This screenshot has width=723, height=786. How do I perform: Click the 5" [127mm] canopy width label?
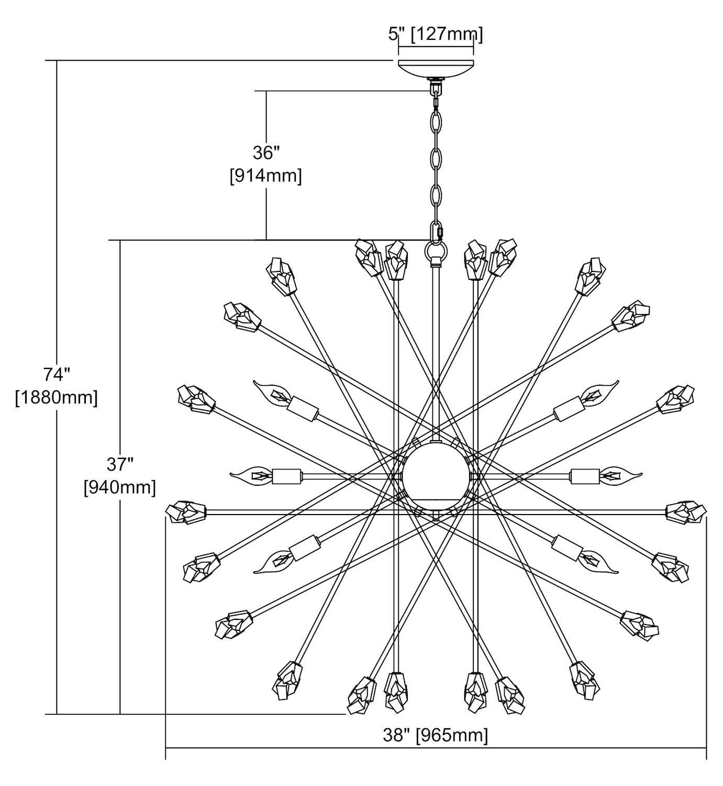(436, 34)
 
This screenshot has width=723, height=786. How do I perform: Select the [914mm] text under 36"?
(265, 176)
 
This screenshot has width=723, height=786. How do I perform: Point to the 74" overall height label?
(57, 375)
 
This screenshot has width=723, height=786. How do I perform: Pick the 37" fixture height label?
(120, 464)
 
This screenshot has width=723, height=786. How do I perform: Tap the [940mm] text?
(120, 487)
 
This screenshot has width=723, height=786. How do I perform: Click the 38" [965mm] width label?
(436, 735)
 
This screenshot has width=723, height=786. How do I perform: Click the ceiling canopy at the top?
(436, 69)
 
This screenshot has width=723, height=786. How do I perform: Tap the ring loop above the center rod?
(436, 253)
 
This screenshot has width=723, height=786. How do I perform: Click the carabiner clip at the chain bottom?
(436, 231)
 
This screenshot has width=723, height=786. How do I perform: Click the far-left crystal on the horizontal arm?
(185, 510)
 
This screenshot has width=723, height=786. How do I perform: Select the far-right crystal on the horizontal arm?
(685, 510)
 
